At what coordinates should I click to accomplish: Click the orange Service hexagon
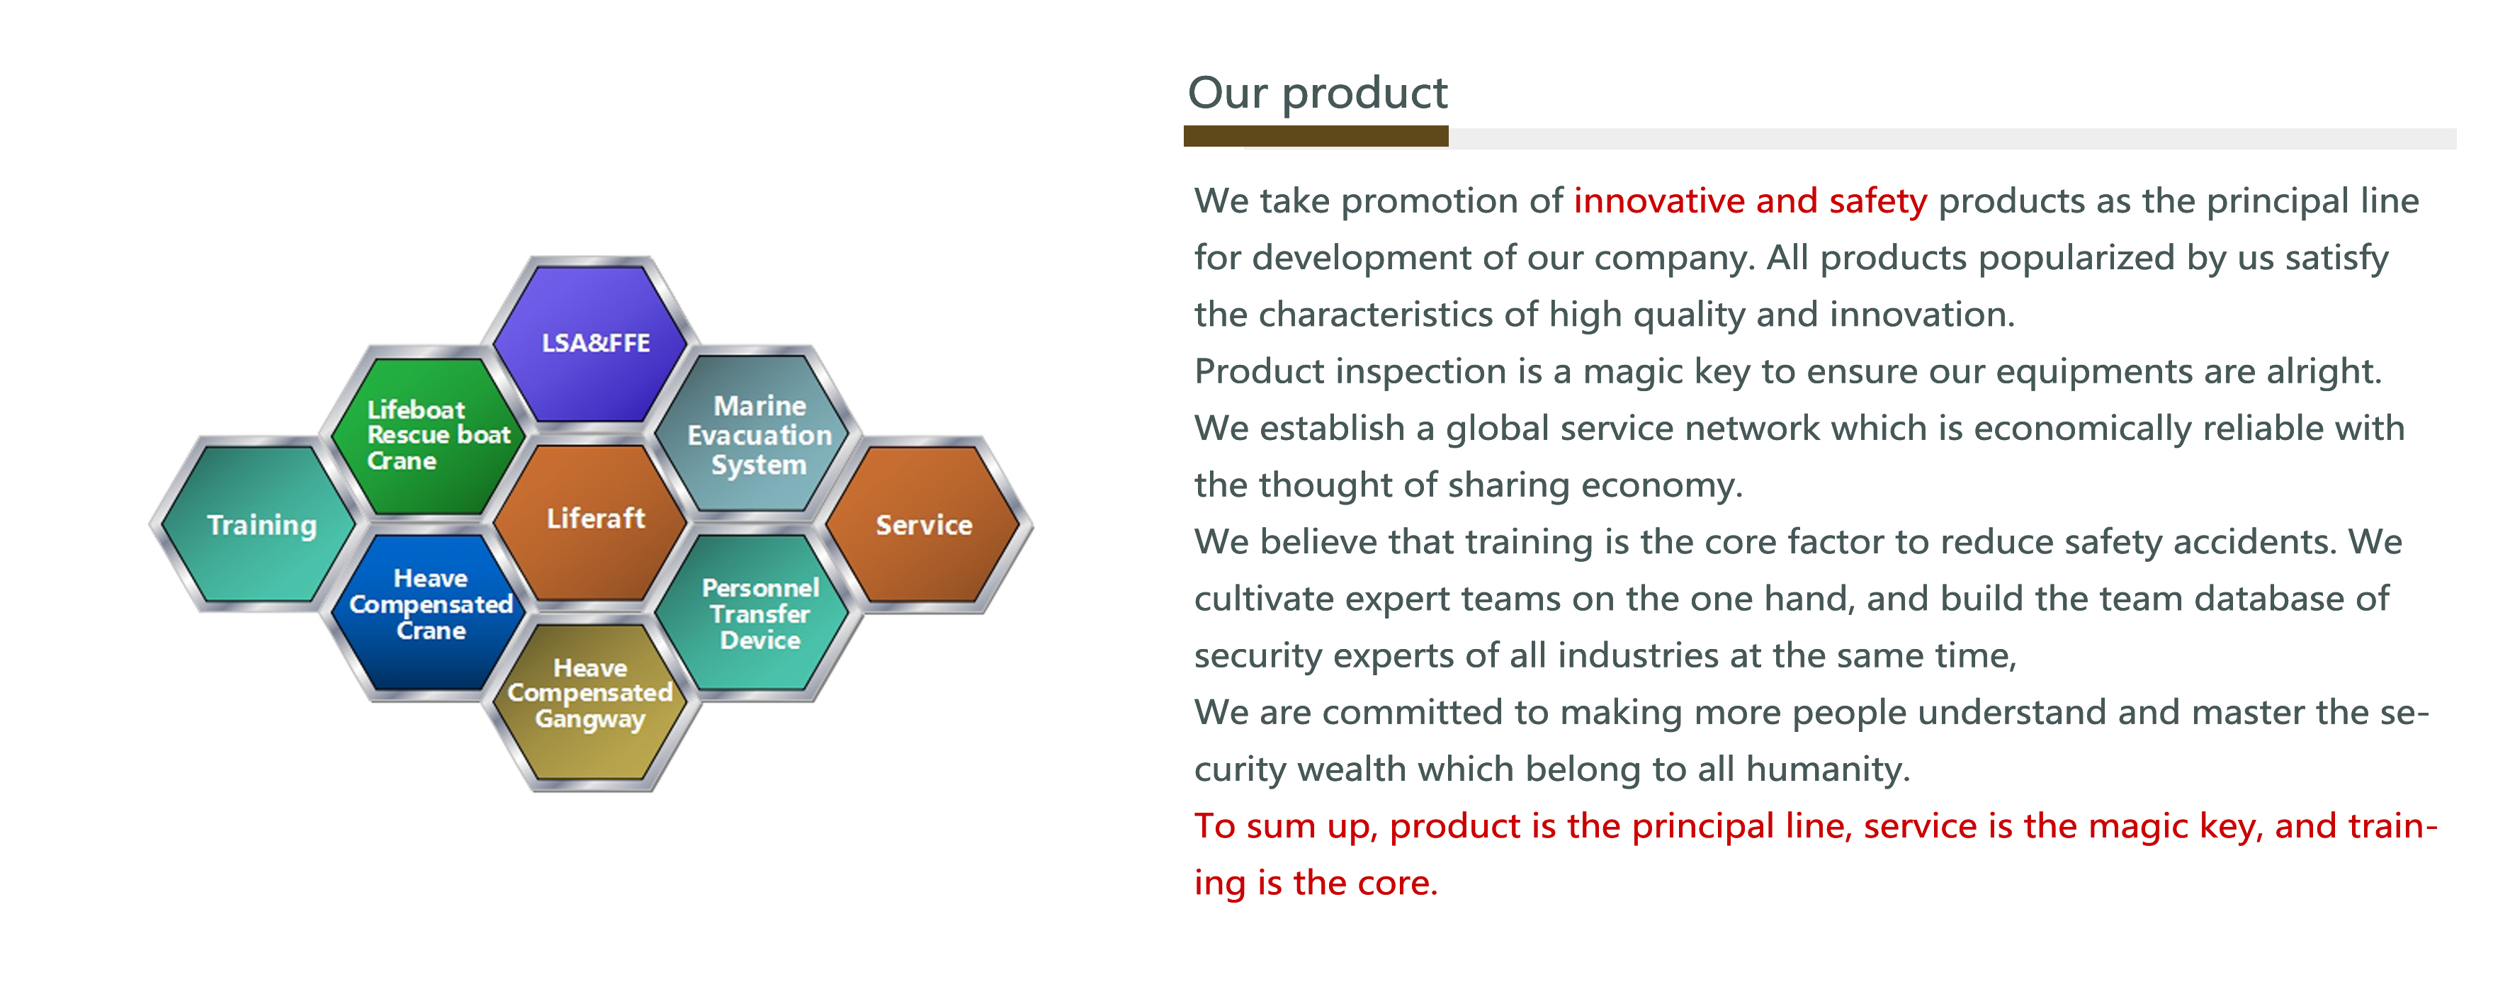924,524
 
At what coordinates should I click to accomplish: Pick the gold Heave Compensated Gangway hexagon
590,704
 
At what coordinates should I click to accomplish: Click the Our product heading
1318,94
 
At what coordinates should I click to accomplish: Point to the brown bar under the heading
1316,137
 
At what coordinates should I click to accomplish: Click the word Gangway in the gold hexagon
589,719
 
